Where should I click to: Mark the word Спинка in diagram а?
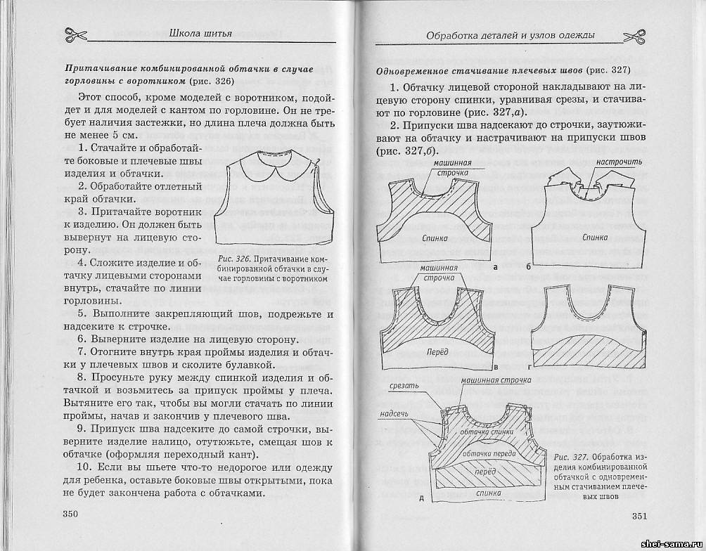[x=436, y=238]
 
